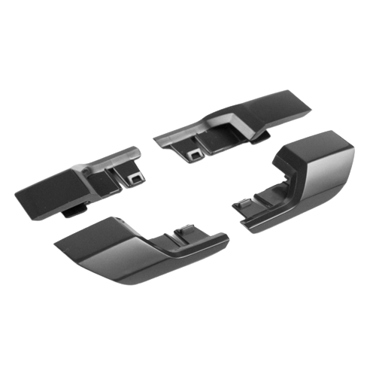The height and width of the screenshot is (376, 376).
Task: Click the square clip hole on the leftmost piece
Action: pos(136,178)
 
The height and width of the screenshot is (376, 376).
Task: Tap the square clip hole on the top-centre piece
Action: pos(195,154)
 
